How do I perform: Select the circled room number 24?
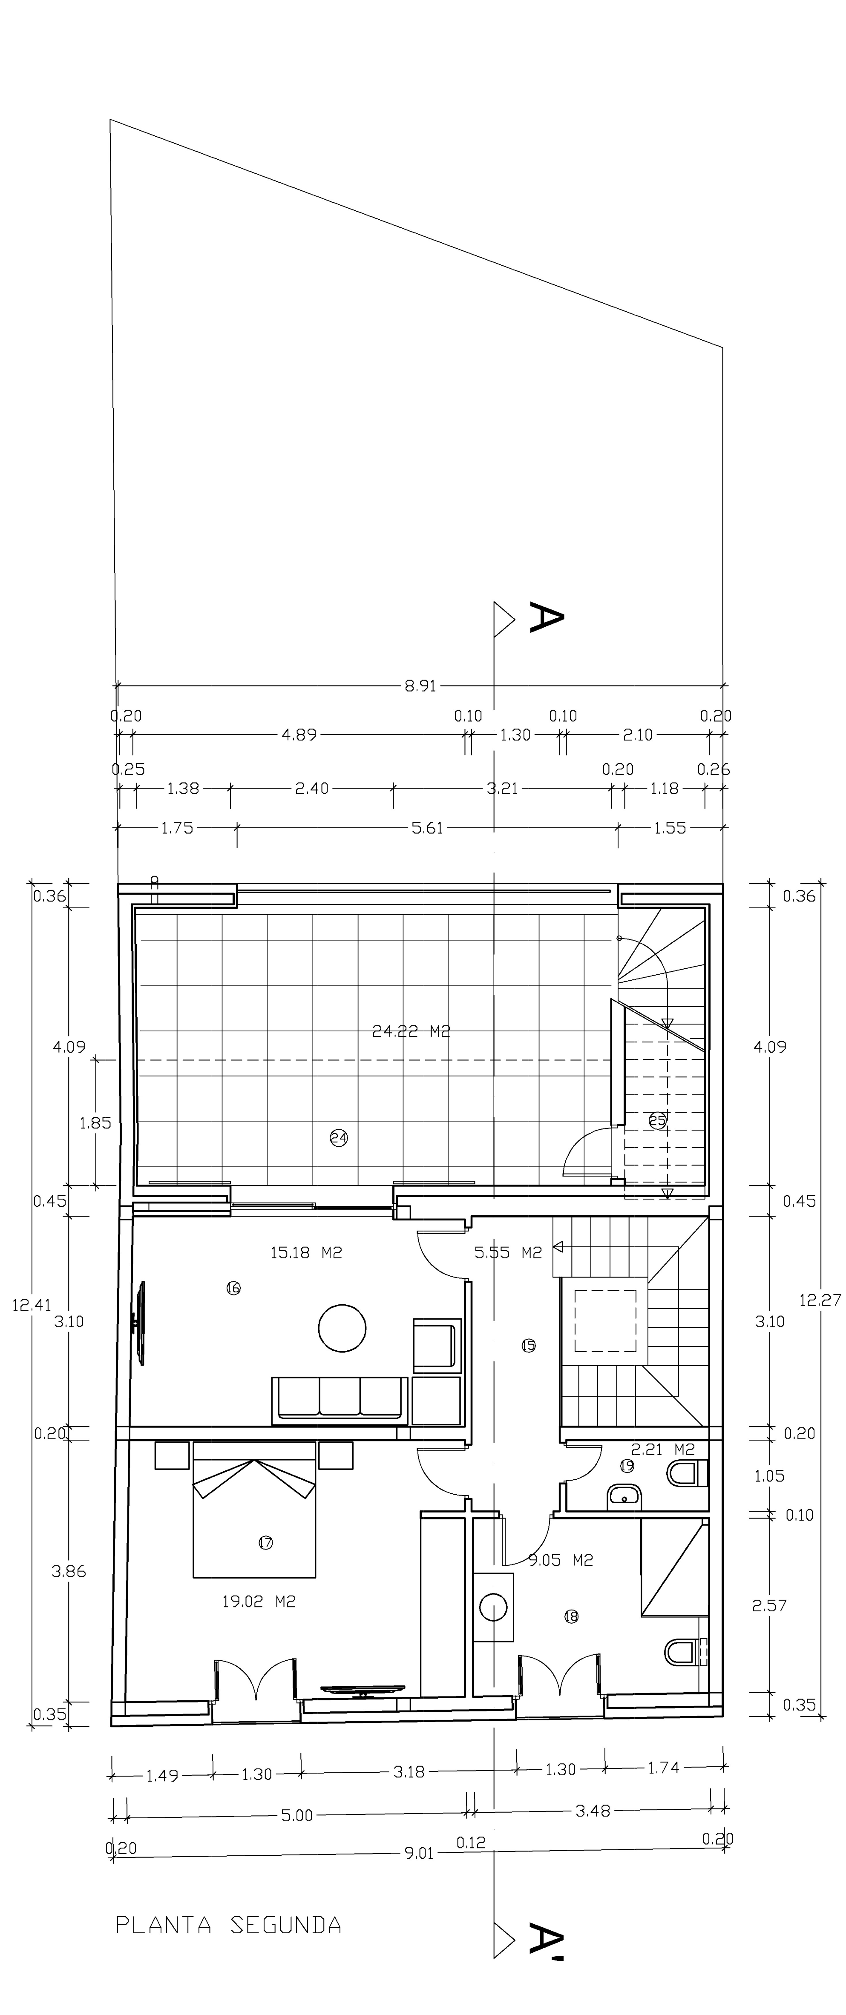[338, 1138]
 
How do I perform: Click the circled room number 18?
[571, 1616]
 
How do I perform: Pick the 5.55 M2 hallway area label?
[508, 1252]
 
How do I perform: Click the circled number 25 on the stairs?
[657, 1120]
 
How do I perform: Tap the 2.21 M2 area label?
[663, 1450]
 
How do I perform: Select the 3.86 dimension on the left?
[69, 1571]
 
